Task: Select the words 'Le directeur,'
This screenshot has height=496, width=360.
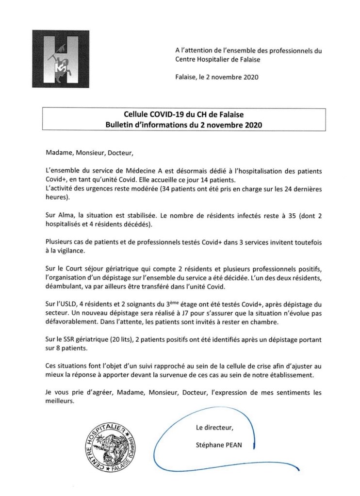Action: (x=213, y=428)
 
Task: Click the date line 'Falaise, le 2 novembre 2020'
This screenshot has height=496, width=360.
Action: (x=217, y=77)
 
